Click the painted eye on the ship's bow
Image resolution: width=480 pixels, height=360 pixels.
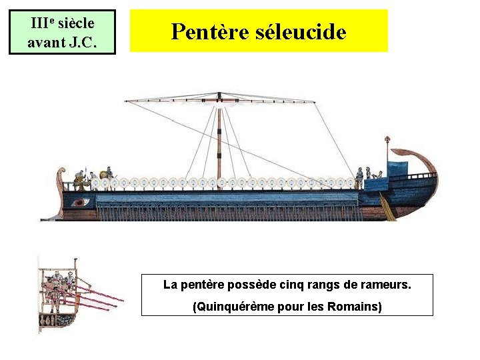[x=81, y=202]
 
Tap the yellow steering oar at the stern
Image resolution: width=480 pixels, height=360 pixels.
[x=387, y=207]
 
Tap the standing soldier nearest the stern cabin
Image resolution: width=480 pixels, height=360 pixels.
[x=359, y=177]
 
